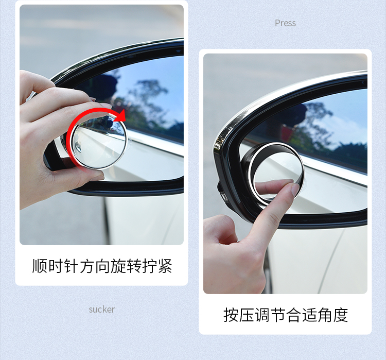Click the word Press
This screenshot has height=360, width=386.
(285, 23)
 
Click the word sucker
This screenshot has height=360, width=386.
(102, 309)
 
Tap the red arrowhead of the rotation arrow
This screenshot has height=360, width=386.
(121, 116)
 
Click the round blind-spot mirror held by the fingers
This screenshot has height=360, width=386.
(98, 142)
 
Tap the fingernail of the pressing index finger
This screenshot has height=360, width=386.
(295, 189)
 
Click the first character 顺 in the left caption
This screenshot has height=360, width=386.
(40, 266)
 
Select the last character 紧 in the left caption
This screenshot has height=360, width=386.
(165, 266)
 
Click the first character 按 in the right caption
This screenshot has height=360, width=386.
(231, 315)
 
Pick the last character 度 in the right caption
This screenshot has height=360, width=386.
(341, 315)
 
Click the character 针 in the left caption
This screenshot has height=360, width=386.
(71, 266)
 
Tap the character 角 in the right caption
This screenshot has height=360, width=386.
(325, 315)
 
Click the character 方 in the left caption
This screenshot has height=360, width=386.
(86, 266)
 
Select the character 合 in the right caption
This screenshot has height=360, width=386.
(294, 315)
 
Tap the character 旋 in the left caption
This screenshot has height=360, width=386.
(118, 266)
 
